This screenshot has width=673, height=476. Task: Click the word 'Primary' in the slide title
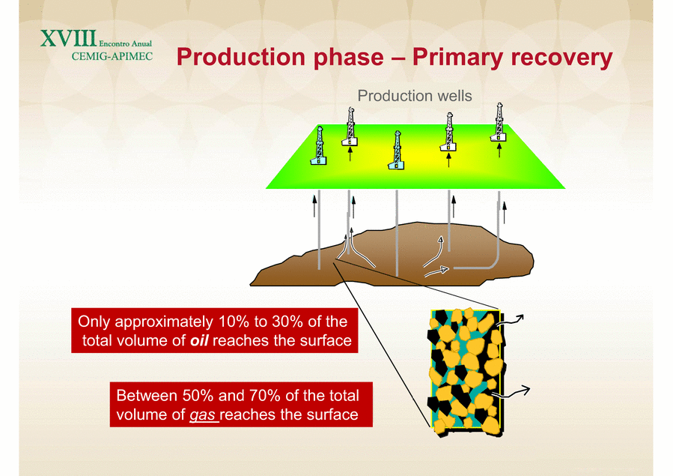coord(457,58)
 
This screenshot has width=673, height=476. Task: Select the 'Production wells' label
coord(415,96)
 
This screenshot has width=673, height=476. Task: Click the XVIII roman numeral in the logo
coord(69,39)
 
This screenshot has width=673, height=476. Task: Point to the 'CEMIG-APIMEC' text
coord(112,56)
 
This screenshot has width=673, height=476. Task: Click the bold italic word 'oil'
coord(199,340)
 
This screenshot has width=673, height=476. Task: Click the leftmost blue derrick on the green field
coord(319,146)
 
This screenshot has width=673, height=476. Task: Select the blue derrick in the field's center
coord(397,151)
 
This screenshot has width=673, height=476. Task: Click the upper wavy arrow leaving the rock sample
coord(510,321)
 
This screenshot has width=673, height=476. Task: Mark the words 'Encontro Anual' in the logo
coord(125,43)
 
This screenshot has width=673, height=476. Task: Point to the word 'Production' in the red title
coord(280,58)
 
